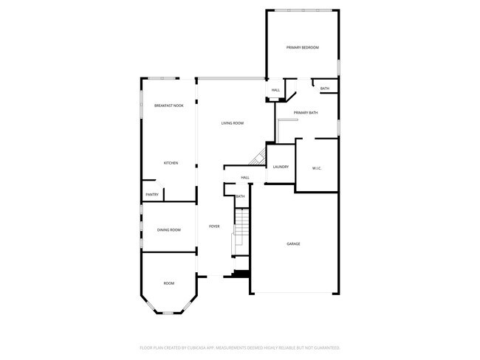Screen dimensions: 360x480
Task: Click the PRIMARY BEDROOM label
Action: pos(302,47)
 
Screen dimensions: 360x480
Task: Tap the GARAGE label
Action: pos(293,243)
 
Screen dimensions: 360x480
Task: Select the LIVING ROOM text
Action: pos(232,123)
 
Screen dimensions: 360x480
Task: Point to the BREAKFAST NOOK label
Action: pos(168,106)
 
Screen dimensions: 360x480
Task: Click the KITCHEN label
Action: pos(171,163)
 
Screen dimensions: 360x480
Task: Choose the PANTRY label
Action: pos(152,195)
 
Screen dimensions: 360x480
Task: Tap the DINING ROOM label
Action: pos(168,230)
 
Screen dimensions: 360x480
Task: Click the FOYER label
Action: pos(214,226)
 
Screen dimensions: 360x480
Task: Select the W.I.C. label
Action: pos(316,168)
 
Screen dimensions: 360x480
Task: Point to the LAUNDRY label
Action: pos(281,167)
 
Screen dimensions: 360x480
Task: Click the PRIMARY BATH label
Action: pos(305,113)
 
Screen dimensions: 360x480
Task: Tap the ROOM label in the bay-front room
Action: pos(169,283)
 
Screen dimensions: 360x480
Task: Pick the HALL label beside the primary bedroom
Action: pos(275,91)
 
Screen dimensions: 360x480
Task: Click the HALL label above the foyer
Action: pos(245,178)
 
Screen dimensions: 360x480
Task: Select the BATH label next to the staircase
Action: pos(240,196)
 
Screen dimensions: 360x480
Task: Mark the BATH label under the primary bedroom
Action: pos(325,89)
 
